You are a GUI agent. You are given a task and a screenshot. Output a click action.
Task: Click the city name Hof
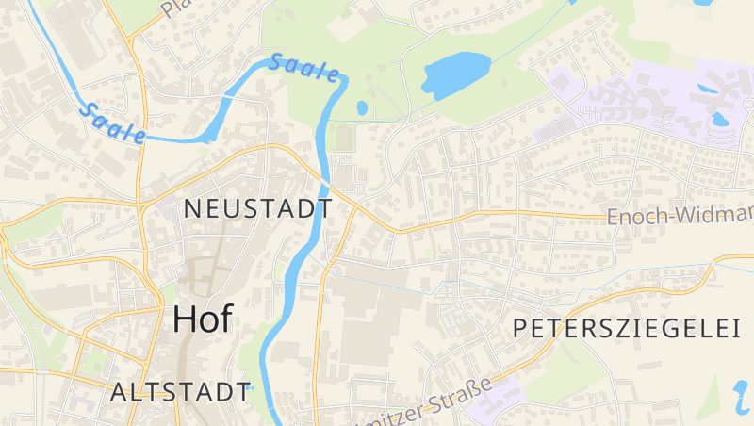202,319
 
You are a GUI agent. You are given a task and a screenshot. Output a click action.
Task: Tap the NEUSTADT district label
257,208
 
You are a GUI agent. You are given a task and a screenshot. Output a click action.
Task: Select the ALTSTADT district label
180,392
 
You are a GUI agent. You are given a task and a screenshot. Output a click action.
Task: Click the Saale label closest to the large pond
304,69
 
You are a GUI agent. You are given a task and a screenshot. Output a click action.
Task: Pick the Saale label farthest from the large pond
113,123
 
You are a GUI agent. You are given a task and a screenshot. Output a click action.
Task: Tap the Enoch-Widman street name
679,217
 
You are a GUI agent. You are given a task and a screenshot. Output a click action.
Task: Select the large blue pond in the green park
456,74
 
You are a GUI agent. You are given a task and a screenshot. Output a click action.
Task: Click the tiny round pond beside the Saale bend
362,108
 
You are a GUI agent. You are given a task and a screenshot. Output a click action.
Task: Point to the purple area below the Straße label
495,407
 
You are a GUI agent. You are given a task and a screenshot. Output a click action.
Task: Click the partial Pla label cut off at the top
175,8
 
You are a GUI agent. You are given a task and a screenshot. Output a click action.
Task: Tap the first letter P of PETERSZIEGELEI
521,328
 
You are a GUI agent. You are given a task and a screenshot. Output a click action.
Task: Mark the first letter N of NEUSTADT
191,208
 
